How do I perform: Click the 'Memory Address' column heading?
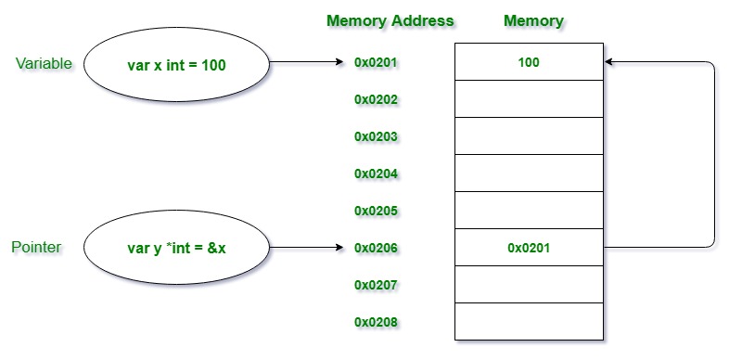coord(390,20)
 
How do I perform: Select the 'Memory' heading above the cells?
coord(532,20)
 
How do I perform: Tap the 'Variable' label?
coord(45,63)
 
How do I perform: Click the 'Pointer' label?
coord(36,247)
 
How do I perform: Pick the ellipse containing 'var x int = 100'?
coord(176,64)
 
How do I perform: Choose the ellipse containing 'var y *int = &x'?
coord(176,248)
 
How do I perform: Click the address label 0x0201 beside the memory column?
coord(376,63)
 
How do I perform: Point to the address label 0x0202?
coord(376,99)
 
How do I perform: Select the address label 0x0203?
coord(376,136)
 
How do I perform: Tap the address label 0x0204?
coord(376,174)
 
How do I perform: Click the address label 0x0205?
coord(376,211)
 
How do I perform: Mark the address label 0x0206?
coord(376,248)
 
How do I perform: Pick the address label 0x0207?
coord(376,285)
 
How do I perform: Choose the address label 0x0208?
coord(376,322)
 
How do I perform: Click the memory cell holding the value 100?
coord(530,62)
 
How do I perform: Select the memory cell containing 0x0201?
coord(530,248)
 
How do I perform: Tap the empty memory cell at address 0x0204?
coord(530,174)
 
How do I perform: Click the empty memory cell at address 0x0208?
coord(530,322)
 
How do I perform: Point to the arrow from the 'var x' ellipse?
coord(306,63)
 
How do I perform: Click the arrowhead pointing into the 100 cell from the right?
coord(610,62)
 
